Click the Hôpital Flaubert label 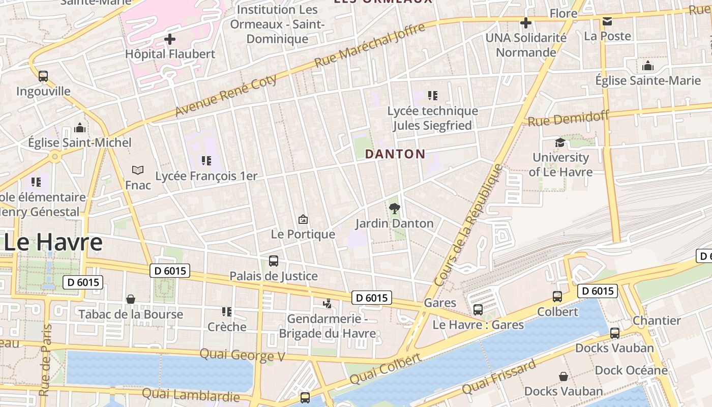tap(170, 54)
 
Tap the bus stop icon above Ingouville tap(43, 76)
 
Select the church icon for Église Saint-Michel tap(80, 128)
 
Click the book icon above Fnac tap(138, 170)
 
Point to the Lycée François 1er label tap(206, 176)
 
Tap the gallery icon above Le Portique tap(303, 219)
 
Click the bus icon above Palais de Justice tap(274, 261)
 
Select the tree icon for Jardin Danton tap(394, 208)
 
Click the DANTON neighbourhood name tap(395, 154)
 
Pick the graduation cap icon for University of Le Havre tap(560, 142)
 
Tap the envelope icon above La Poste tap(607, 21)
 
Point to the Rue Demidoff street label tap(568, 119)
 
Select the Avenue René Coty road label tap(226, 95)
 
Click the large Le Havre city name tap(53, 243)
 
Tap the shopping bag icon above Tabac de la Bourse tap(131, 299)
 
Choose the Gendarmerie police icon tap(328, 304)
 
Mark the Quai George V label tap(242, 355)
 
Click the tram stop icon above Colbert tap(557, 297)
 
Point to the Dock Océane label tap(631, 370)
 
